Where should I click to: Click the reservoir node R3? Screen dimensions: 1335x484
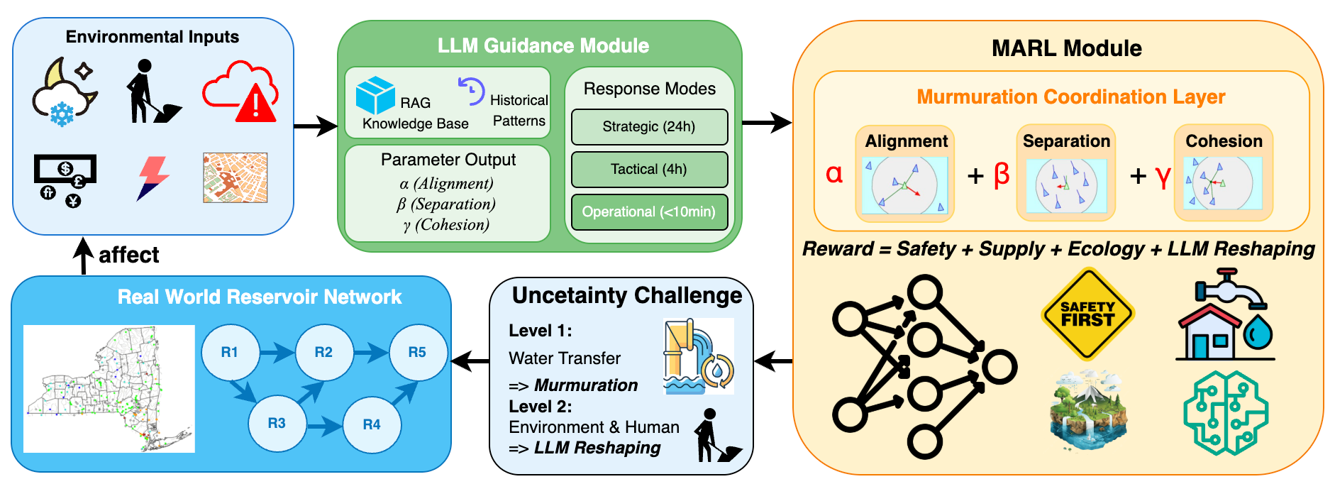[x=277, y=423]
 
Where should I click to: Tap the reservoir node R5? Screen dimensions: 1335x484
[x=417, y=352]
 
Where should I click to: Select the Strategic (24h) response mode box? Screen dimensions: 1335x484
[x=649, y=126]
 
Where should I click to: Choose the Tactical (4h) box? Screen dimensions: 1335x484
[x=649, y=169]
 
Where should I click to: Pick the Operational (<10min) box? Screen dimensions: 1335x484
[x=649, y=211]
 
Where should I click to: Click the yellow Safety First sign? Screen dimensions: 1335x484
[x=1087, y=314]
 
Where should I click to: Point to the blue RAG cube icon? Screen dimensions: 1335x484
[x=375, y=95]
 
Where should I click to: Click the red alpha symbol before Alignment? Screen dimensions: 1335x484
[x=834, y=174]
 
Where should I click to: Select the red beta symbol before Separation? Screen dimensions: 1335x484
[x=1002, y=174]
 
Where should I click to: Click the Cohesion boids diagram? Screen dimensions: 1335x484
[x=1223, y=183]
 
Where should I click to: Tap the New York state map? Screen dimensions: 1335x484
[x=109, y=389]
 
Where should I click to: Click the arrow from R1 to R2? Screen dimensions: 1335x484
[x=277, y=351]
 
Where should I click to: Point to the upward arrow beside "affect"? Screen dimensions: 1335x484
[x=84, y=255]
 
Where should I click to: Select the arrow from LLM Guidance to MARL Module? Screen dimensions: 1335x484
[x=767, y=123]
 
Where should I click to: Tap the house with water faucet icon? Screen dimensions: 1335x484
[x=1225, y=314]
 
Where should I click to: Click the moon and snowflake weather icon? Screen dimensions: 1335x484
[x=64, y=92]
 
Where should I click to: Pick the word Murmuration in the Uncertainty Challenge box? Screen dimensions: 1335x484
[x=586, y=385]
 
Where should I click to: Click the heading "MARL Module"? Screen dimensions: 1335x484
[x=1066, y=48]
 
